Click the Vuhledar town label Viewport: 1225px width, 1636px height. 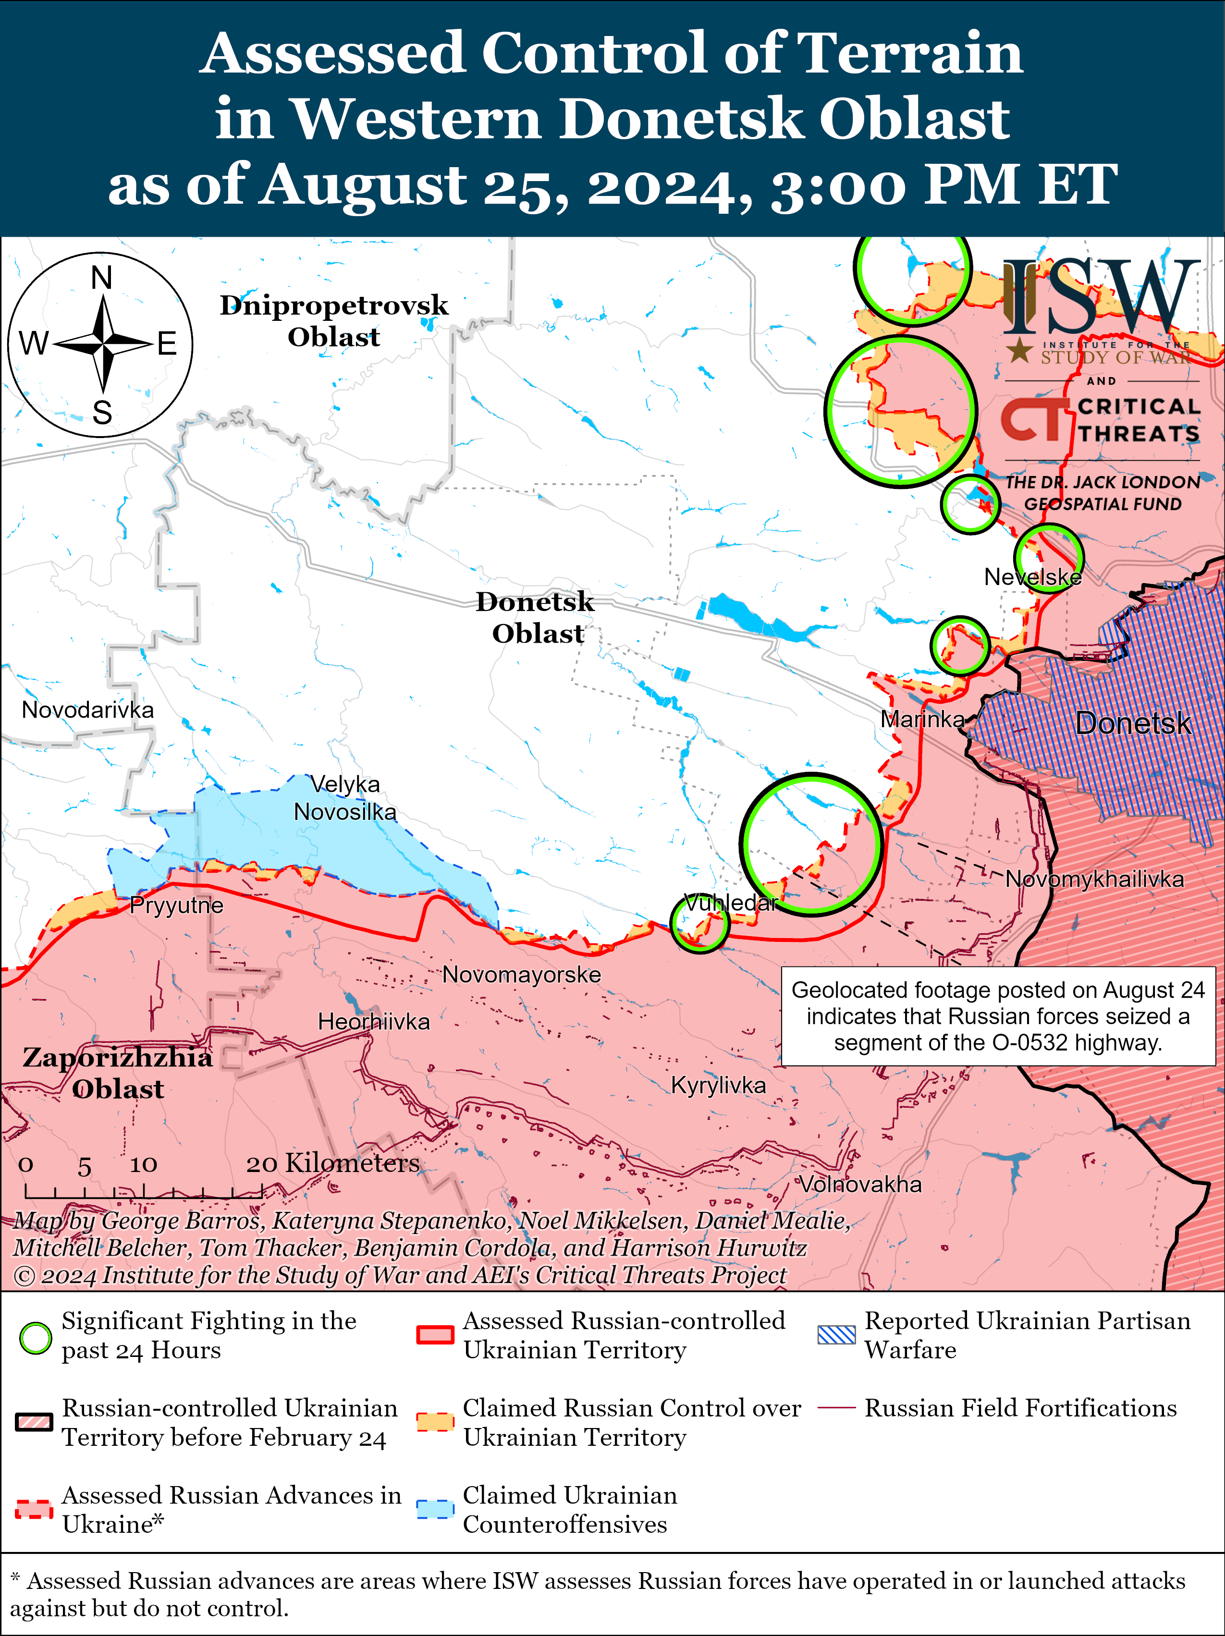tap(731, 903)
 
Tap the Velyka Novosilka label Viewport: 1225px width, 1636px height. tap(345, 798)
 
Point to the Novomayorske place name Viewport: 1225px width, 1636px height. tap(522, 974)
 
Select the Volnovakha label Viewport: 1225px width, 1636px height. tap(860, 1184)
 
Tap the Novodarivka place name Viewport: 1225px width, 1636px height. tap(87, 709)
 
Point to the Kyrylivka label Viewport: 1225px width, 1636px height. tap(718, 1085)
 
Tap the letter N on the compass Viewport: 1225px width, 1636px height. tap(101, 278)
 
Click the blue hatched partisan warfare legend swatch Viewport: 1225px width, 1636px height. tap(837, 1335)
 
